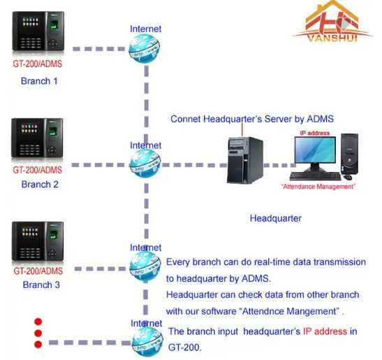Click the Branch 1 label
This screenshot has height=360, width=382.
[x=39, y=81]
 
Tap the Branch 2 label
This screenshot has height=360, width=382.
[x=39, y=185]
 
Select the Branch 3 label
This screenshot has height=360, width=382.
[x=41, y=285]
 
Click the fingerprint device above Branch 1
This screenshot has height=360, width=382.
[x=37, y=32]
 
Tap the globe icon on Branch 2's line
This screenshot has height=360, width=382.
[x=145, y=165]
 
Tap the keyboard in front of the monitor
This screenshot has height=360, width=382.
[x=314, y=176]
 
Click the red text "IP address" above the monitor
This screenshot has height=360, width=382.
[x=315, y=132]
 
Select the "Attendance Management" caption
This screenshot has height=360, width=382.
[x=318, y=187]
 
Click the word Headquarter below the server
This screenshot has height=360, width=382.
[x=276, y=219]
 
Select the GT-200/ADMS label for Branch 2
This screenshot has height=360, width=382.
[x=38, y=170]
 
